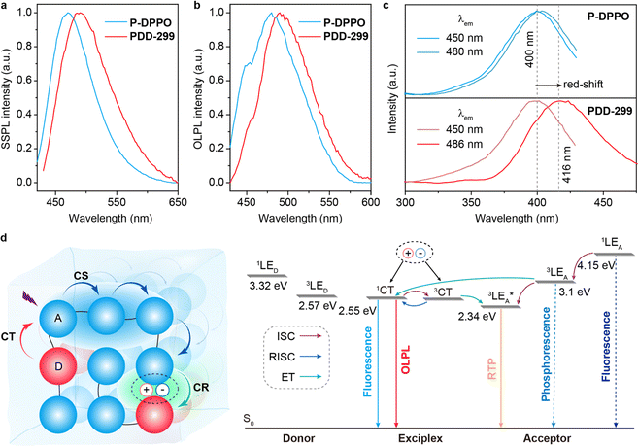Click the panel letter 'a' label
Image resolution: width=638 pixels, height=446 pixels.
click(6, 8)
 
